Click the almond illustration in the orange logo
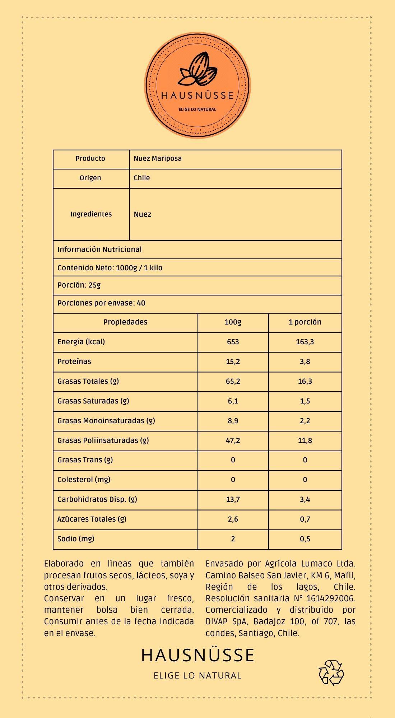coord(198,70)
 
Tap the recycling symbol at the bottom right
coord(331,672)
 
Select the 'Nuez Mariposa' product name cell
coord(158,159)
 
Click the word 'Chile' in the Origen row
coord(142,178)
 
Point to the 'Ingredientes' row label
coord(91,214)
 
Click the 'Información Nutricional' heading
coord(99,250)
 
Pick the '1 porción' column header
coord(305,322)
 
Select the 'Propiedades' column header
coord(125,322)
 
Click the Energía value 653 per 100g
coord(233,342)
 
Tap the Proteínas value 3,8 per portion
coord(305,362)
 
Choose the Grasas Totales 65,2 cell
coord(233,381)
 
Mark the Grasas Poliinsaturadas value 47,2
coord(233,440)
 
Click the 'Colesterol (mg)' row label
coord(84,480)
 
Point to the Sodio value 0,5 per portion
coord(305,539)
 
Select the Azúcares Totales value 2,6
coord(233,519)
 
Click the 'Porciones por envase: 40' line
coord(101,303)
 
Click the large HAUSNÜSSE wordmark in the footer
coord(198,655)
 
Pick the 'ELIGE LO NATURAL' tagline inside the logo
coord(197,109)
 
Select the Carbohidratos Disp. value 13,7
coord(233,499)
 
